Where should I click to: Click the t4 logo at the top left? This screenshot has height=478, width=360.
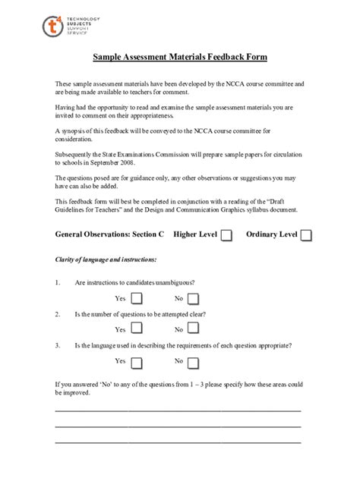point(52,25)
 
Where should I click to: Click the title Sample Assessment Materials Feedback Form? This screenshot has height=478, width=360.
point(180,57)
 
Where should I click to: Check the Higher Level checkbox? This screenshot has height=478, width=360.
point(226,236)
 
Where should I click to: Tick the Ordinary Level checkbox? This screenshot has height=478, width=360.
point(306,236)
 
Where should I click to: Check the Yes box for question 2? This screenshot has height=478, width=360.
point(136,329)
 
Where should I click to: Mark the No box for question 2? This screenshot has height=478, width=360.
point(194,329)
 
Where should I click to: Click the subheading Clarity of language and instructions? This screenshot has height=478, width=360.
point(106,259)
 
